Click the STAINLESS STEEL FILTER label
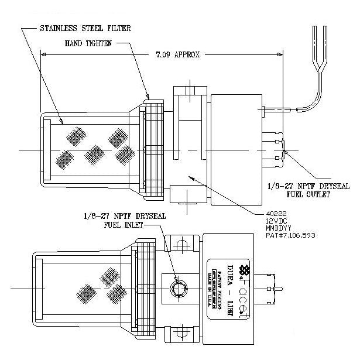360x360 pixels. pos(85,28)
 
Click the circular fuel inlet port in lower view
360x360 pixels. pos(179,289)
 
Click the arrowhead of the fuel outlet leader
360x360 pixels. pos(285,153)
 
